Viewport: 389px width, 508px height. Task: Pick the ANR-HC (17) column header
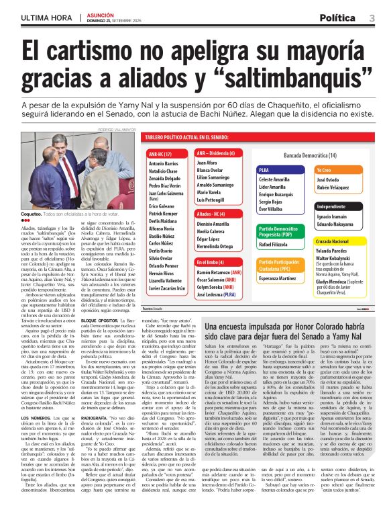[160, 154]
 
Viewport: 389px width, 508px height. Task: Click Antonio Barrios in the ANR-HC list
[163, 164]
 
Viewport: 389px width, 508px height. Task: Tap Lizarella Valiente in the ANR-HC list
[164, 279]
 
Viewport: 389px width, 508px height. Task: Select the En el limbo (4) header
[211, 261]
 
